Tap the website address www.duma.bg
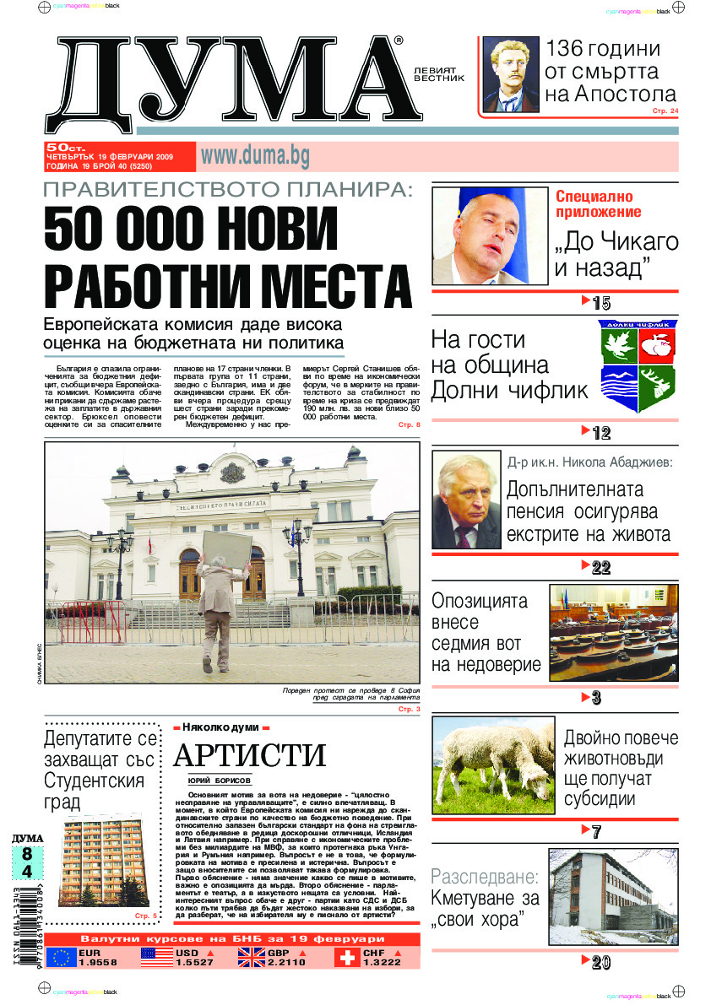click(254, 155)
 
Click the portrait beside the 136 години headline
click(511, 75)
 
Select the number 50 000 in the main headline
click(131, 228)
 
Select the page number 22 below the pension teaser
click(600, 568)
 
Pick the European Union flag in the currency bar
click(60, 957)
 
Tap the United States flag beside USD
click(155, 957)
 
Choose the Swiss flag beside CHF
click(346, 957)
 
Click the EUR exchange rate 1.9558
click(97, 963)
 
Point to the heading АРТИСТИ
click(249, 754)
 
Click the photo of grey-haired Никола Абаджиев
click(465, 500)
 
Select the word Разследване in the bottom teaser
click(484, 875)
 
